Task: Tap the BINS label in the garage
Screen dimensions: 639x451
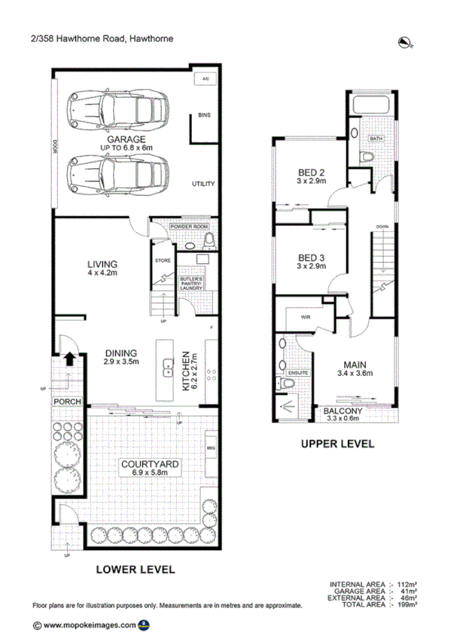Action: [x=203, y=115]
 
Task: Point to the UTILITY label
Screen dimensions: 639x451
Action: [x=203, y=184]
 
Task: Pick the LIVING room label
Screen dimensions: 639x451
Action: [x=102, y=264]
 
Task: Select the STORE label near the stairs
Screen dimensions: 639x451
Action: [x=163, y=261]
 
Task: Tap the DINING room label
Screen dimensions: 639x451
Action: [x=120, y=353]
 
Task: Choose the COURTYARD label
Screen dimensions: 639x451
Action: [x=151, y=465]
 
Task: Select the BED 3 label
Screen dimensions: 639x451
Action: [x=310, y=258]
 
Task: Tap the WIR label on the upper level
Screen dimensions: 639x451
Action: [x=306, y=318]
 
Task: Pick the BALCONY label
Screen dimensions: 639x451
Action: [x=343, y=411]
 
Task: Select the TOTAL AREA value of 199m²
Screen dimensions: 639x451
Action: [x=407, y=604]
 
